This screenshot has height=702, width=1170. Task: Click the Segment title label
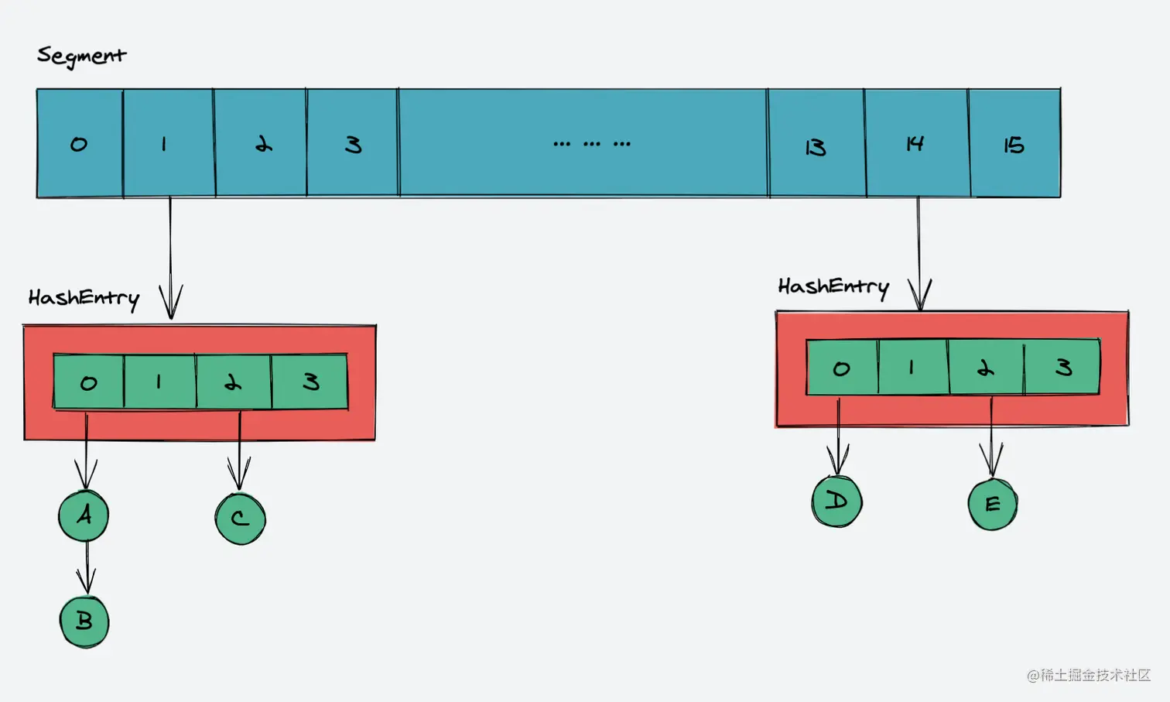click(x=81, y=56)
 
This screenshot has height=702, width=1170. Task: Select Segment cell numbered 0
click(x=80, y=144)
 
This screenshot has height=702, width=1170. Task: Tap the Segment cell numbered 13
click(x=816, y=145)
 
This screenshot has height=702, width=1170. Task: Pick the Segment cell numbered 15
click(x=1014, y=145)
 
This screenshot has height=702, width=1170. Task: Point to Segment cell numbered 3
click(x=353, y=145)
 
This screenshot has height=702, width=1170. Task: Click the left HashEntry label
click(x=84, y=298)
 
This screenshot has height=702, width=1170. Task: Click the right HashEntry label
click(x=833, y=287)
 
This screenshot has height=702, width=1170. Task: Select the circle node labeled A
click(x=84, y=515)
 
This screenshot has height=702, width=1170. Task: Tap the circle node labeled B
click(x=84, y=622)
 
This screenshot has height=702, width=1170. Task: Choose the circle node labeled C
click(x=241, y=519)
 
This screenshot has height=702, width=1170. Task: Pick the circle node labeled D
click(x=836, y=502)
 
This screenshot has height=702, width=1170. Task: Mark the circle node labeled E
click(x=993, y=505)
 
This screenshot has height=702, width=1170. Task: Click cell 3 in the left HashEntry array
click(x=310, y=382)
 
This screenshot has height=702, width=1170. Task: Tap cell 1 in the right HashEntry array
click(x=913, y=368)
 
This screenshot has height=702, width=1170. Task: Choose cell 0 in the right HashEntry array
click(x=842, y=368)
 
